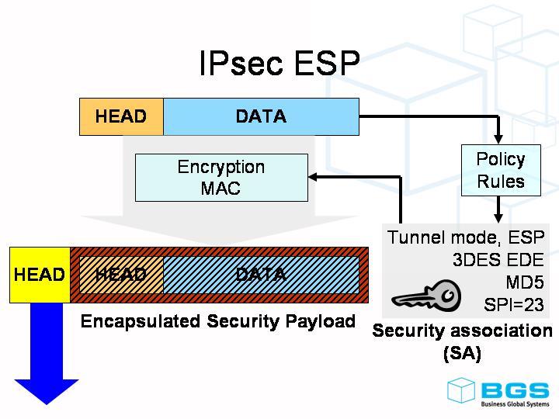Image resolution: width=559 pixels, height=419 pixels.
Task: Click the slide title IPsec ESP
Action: pyautogui.click(x=279, y=64)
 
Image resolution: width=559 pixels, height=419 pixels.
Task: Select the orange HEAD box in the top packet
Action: pyautogui.click(x=121, y=117)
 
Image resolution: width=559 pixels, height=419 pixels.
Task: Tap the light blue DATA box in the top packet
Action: pyautogui.click(x=261, y=117)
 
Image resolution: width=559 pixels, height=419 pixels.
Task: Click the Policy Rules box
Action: pyautogui.click(x=501, y=170)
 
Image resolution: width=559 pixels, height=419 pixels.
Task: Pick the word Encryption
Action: pyautogui.click(x=221, y=167)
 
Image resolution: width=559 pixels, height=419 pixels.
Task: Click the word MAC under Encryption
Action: pyautogui.click(x=221, y=189)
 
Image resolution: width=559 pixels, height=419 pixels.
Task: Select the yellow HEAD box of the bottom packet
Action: pyautogui.click(x=39, y=275)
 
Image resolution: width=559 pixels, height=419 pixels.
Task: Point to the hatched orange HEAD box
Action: pyautogui.click(x=121, y=275)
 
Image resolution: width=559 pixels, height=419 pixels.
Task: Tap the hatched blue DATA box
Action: pyautogui.click(x=261, y=275)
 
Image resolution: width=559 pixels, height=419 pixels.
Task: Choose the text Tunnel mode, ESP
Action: pyautogui.click(x=466, y=237)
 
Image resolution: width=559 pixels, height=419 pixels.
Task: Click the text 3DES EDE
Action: pyautogui.click(x=498, y=259)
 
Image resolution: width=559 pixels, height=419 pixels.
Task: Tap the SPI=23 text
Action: pyautogui.click(x=513, y=304)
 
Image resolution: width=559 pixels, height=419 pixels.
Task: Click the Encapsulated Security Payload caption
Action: pyautogui.click(x=218, y=321)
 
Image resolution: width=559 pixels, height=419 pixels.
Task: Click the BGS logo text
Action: pyautogui.click(x=514, y=390)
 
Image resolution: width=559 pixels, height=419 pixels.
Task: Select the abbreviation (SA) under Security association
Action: pyautogui.click(x=462, y=354)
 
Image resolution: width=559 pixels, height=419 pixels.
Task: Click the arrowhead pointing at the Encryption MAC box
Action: pyautogui.click(x=315, y=178)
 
